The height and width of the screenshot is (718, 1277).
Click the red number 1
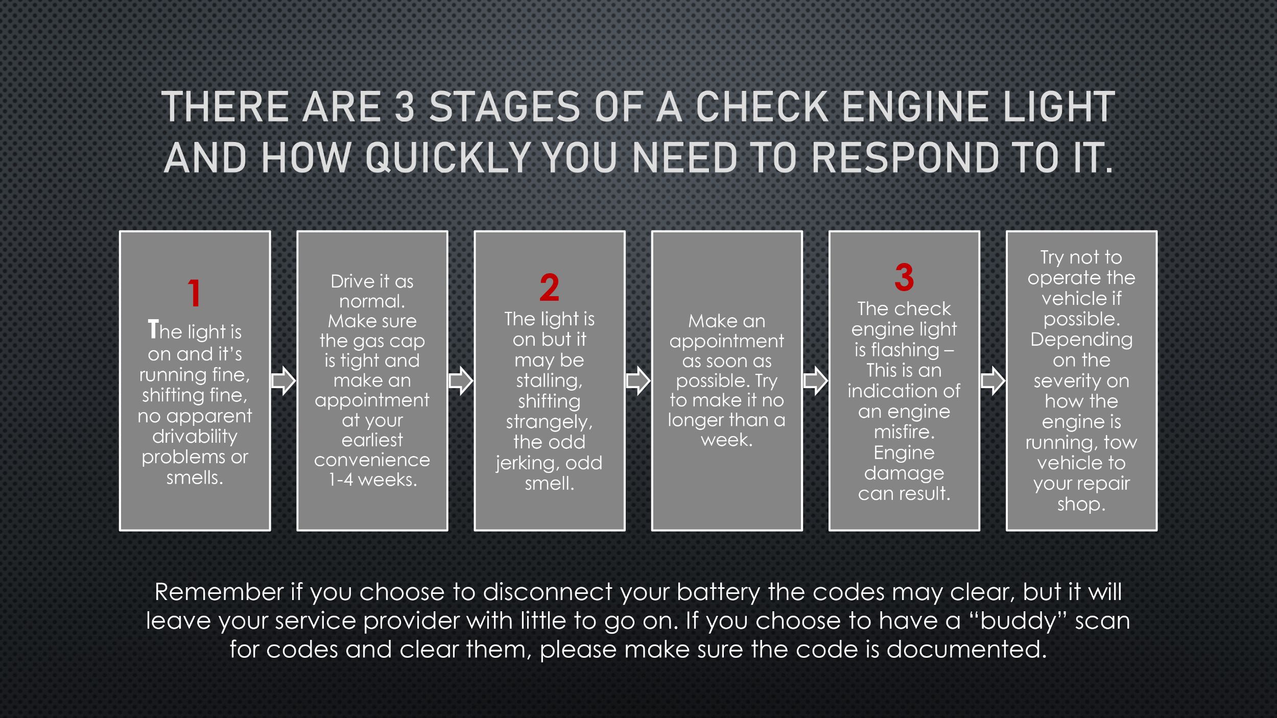(x=194, y=293)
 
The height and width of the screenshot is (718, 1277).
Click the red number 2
(x=549, y=288)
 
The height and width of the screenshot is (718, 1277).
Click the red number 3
(x=904, y=277)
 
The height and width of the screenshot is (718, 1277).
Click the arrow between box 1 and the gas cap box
(x=283, y=380)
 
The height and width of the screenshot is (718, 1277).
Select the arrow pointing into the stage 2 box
(x=461, y=380)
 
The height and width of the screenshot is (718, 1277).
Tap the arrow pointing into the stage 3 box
(x=815, y=380)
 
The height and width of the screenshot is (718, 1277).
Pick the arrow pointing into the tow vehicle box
(x=992, y=380)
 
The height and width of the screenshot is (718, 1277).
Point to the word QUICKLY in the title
(x=447, y=157)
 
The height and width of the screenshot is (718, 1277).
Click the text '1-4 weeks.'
(x=372, y=480)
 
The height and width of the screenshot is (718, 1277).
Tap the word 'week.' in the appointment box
(x=726, y=440)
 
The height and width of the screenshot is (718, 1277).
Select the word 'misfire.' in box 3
(x=904, y=432)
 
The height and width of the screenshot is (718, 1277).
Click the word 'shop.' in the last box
(x=1081, y=504)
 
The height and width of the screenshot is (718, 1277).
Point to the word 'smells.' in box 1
(x=195, y=477)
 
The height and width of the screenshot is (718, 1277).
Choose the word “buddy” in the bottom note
(x=1018, y=621)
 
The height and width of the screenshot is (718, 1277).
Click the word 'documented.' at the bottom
(x=966, y=650)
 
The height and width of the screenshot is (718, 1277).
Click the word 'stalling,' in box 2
(x=549, y=380)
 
